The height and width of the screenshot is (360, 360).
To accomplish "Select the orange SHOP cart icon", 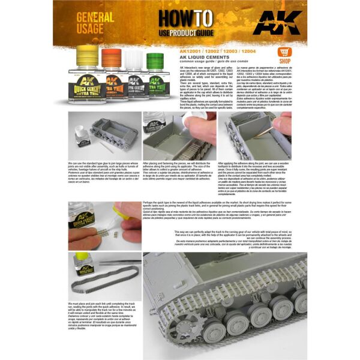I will tap(283, 53).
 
